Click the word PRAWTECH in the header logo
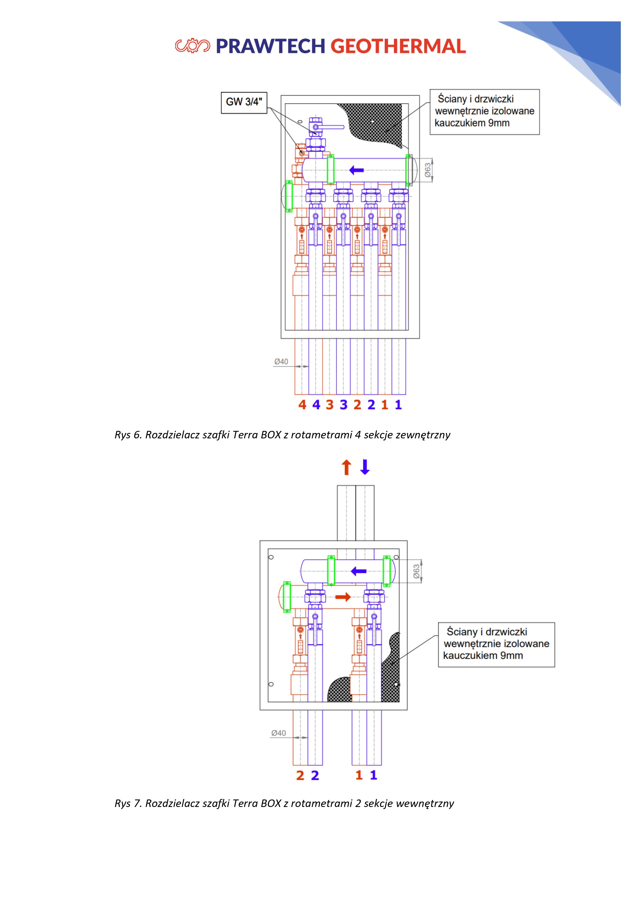click(x=270, y=46)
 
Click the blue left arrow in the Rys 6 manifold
click(x=356, y=170)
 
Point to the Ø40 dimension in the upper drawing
click(x=281, y=361)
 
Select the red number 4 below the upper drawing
click(x=302, y=405)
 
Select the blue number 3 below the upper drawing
click(x=344, y=405)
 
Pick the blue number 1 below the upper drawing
click(x=398, y=405)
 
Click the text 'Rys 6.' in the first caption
click(x=128, y=435)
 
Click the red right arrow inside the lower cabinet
click(x=343, y=597)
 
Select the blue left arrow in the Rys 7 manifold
click(x=359, y=571)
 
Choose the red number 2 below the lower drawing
click(x=300, y=775)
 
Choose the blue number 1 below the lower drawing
click(x=373, y=775)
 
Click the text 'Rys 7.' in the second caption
click(x=128, y=804)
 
